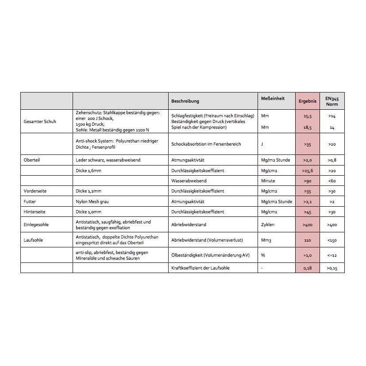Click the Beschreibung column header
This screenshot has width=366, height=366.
point(185,101)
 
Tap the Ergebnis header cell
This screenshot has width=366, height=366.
point(308,101)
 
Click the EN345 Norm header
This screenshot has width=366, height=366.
point(332,101)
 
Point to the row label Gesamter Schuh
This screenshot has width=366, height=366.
point(40,121)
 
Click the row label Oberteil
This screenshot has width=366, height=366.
point(31,160)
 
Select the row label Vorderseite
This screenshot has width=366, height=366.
point(35,191)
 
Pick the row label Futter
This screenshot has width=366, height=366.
point(30,201)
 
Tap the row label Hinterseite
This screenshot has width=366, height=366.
point(35,212)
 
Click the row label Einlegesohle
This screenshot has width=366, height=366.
point(36,224)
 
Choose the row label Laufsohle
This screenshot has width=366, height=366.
point(33,240)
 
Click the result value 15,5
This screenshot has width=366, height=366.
point(308,116)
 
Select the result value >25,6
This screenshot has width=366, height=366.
point(308,170)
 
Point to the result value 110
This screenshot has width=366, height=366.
point(308,240)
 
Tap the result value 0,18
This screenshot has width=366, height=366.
point(308,268)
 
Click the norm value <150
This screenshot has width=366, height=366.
point(332,240)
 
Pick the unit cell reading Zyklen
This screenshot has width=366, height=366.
point(268,224)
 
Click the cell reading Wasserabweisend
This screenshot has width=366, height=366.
point(189,181)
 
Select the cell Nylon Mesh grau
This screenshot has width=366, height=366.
point(92,201)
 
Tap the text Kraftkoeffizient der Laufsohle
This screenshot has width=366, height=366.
point(200,268)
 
